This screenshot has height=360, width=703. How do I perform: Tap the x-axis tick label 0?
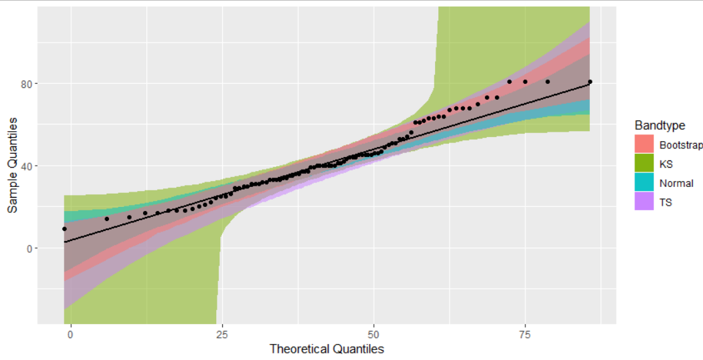(x=71, y=333)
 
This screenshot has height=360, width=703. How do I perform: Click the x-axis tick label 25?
(x=222, y=333)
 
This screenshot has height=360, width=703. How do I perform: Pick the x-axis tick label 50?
(x=374, y=333)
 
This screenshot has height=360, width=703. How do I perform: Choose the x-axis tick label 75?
(x=525, y=333)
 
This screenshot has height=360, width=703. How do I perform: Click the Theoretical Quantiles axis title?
(x=327, y=349)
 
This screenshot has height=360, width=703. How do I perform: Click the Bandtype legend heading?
(x=660, y=125)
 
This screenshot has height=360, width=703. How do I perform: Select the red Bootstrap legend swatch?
(x=644, y=144)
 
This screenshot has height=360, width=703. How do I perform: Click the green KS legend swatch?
(x=644, y=164)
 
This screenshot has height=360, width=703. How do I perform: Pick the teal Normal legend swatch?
(x=644, y=183)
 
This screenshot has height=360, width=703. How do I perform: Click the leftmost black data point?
(x=65, y=229)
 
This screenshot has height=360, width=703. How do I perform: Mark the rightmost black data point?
(x=590, y=82)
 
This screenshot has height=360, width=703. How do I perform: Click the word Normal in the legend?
(x=676, y=183)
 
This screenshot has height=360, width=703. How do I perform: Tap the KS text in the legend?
(x=666, y=164)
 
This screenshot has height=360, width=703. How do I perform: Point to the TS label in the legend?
(x=666, y=202)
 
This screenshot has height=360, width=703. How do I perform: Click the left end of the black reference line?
(x=65, y=242)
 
